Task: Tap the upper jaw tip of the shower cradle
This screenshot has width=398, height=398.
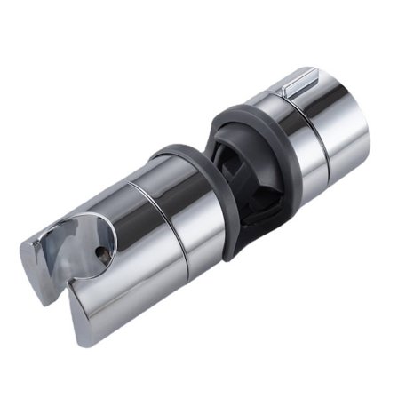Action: click(36, 258)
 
